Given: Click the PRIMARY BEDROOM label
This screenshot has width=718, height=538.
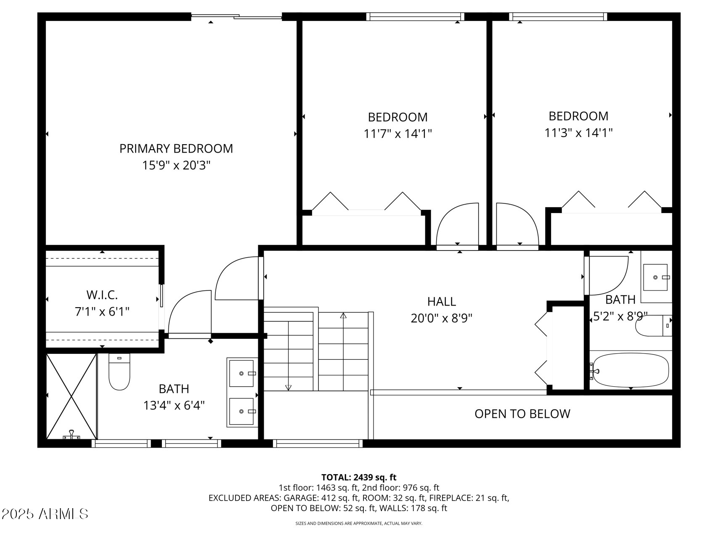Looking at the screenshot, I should [x=176, y=148].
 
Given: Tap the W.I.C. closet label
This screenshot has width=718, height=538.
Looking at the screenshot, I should [x=102, y=295].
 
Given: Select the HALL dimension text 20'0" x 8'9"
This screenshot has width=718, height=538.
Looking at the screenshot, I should [x=441, y=318].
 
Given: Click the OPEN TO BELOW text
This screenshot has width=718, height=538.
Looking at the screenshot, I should [x=522, y=414].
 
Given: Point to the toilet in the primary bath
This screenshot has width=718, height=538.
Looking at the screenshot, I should [x=119, y=372].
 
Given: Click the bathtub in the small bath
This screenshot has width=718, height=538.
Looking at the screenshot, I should [x=630, y=370].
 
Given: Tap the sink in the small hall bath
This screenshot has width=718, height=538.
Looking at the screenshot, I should [x=655, y=277].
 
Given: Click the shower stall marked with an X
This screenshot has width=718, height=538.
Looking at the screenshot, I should [x=71, y=396].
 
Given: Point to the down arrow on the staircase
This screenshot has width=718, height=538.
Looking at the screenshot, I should [x=288, y=387].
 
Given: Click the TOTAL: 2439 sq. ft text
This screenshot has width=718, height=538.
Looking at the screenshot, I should [x=358, y=477].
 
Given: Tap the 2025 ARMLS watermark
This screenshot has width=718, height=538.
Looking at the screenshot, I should [x=45, y=514].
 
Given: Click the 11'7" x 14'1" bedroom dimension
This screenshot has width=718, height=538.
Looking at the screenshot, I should [x=397, y=134].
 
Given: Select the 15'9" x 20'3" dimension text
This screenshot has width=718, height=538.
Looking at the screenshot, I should [x=176, y=165].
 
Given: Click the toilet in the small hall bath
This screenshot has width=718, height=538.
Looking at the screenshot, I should [x=652, y=326].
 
